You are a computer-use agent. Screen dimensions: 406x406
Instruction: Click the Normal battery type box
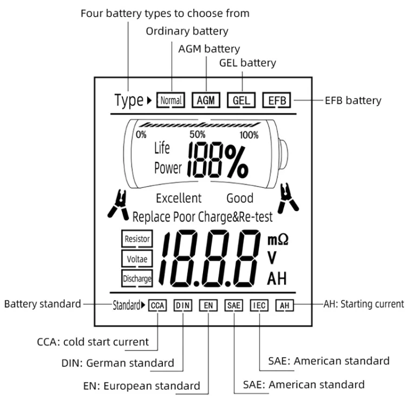pyautogui.click(x=171, y=100)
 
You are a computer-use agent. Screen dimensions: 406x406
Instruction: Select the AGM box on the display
pyautogui.click(x=206, y=100)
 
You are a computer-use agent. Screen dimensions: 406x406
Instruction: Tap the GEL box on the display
pyautogui.click(x=241, y=100)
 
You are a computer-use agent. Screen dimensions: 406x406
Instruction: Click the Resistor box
pyautogui.click(x=137, y=239)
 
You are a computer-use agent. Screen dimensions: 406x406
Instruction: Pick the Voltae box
pyautogui.click(x=137, y=259)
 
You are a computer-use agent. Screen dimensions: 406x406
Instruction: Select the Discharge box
pyautogui.click(x=137, y=279)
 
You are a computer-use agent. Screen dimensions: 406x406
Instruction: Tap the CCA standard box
pyautogui.click(x=157, y=305)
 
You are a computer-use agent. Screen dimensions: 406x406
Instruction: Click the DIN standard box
pyautogui.click(x=182, y=305)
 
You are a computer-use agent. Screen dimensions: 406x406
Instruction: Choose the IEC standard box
pyautogui.click(x=259, y=305)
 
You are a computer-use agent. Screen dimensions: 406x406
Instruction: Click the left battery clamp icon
pyautogui.click(x=117, y=202)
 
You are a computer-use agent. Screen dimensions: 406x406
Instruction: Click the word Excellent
pyautogui.click(x=179, y=198)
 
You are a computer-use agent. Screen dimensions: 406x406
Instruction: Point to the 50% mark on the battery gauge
pyautogui.click(x=197, y=134)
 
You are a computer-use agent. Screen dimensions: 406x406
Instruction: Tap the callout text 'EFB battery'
pyautogui.click(x=353, y=100)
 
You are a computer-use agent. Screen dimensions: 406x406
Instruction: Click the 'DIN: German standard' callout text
pyautogui.click(x=117, y=363)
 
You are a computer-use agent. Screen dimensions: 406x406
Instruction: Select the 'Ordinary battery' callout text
pyautogui.click(x=187, y=31)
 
